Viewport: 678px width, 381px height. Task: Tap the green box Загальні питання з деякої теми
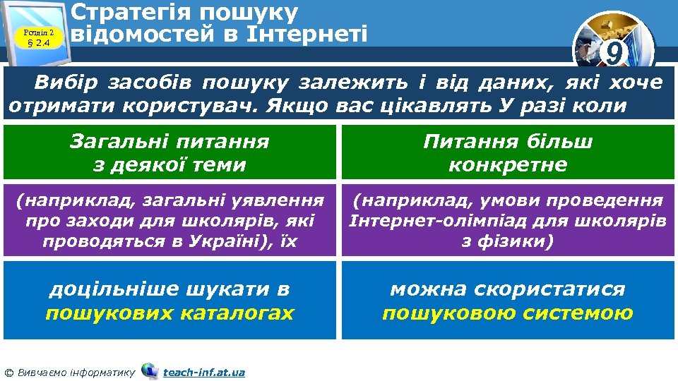tap(169, 153)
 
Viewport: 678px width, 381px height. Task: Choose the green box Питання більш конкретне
tap(508, 153)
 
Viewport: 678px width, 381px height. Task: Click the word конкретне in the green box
tap(508, 165)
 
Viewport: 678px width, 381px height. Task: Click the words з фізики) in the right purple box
tap(508, 241)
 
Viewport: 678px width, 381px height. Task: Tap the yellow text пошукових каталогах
tap(169, 313)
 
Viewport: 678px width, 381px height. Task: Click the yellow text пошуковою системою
tap(508, 313)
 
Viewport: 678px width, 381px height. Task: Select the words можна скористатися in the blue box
tap(508, 289)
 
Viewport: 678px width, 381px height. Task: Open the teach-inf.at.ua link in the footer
tap(204, 372)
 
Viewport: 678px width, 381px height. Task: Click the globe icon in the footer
tap(150, 370)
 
